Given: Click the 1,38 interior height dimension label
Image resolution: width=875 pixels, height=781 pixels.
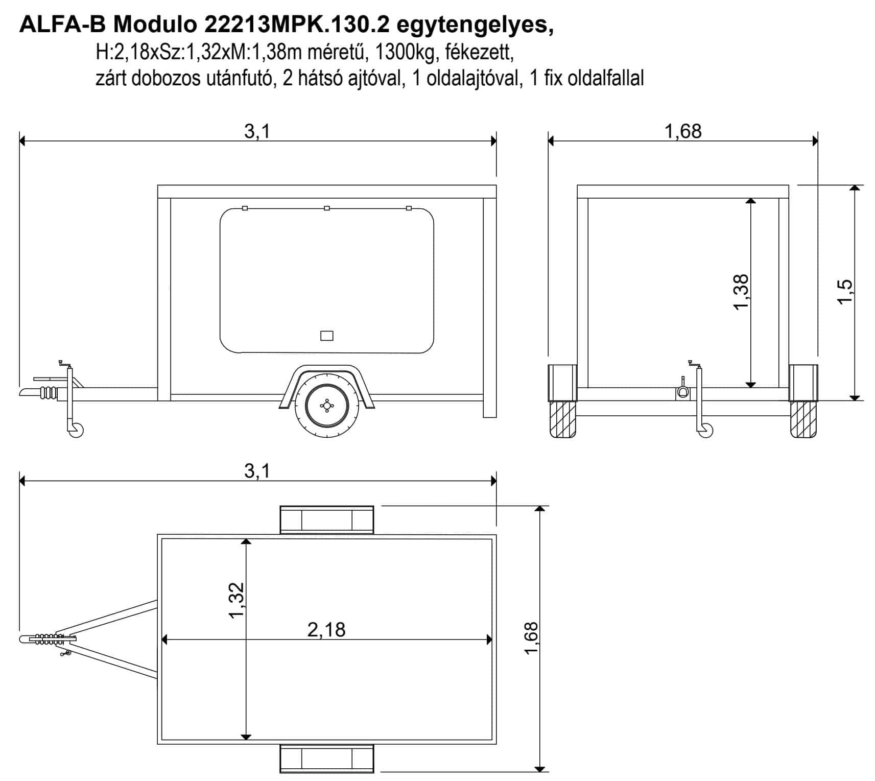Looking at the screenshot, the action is tap(741, 292).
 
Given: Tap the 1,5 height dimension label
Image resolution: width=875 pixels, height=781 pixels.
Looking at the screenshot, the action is tap(845, 292).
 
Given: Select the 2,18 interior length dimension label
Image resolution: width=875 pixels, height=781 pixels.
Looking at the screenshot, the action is tap(326, 629).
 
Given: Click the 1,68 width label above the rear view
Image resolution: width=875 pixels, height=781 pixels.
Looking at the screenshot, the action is tap(683, 131).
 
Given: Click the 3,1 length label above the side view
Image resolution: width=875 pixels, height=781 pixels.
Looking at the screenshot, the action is tap(257, 131).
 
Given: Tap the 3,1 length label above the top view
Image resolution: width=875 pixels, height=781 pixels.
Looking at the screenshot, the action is tap(257, 471).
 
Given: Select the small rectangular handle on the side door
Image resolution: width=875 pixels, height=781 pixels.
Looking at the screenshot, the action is tap(326, 336).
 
